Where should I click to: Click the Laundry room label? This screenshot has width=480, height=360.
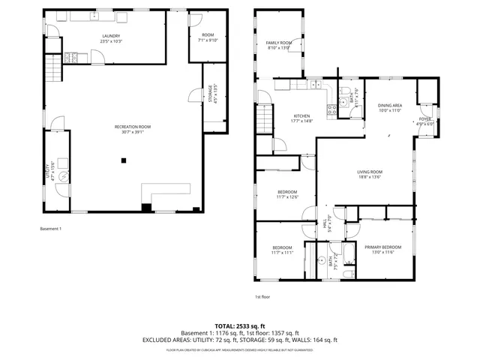pyautogui.click(x=111, y=38)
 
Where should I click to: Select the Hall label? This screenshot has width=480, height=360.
pyautogui.click(x=326, y=223)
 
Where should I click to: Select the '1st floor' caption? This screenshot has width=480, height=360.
pyautogui.click(x=262, y=297)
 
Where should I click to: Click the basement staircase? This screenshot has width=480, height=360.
pyautogui.click(x=53, y=71)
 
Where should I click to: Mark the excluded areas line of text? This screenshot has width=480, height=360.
pyautogui.click(x=240, y=340)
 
